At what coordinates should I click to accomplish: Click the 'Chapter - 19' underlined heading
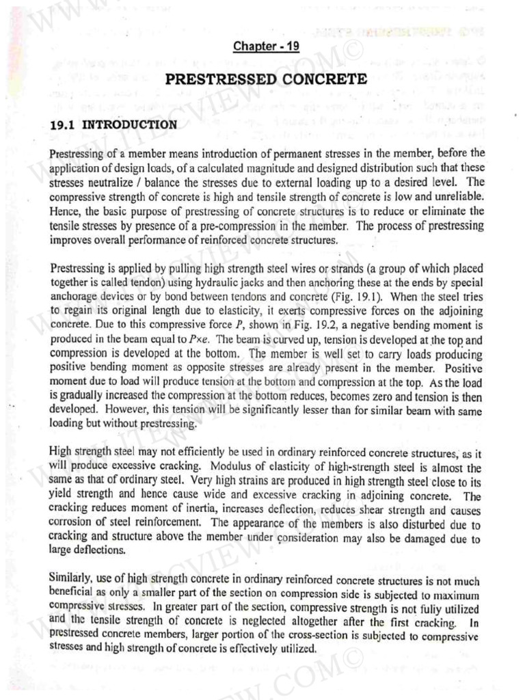[267, 46]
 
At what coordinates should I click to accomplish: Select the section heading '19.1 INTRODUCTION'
[113, 125]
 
